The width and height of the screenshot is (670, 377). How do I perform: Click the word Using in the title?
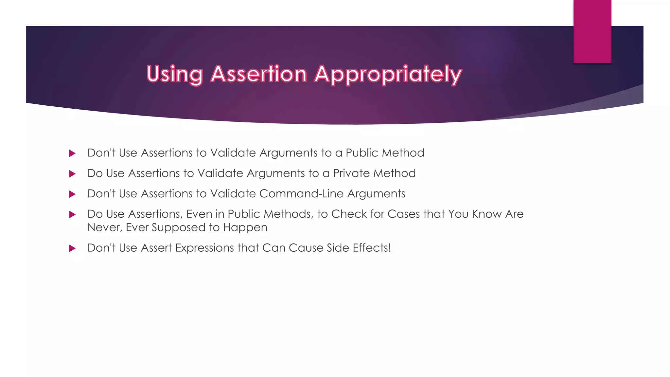click(x=174, y=74)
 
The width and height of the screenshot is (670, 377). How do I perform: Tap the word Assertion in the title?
click(x=258, y=74)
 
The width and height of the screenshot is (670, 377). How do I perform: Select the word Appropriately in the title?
click(x=388, y=75)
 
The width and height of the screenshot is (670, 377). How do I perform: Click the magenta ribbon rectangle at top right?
click(x=592, y=31)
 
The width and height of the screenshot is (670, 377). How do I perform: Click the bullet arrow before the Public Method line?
click(x=72, y=153)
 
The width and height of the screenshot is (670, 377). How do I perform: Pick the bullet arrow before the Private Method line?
click(x=72, y=174)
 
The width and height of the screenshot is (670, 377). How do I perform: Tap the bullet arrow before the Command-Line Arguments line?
click(x=72, y=194)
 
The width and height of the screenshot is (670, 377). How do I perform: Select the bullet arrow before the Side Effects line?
click(x=72, y=248)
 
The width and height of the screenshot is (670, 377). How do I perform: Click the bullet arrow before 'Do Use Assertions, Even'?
click(x=72, y=214)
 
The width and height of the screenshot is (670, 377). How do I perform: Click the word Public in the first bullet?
click(x=362, y=153)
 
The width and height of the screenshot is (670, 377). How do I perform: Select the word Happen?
click(x=245, y=227)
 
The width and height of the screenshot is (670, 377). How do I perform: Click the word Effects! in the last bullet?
click(x=372, y=248)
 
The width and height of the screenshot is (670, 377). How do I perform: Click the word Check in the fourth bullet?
click(x=349, y=214)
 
